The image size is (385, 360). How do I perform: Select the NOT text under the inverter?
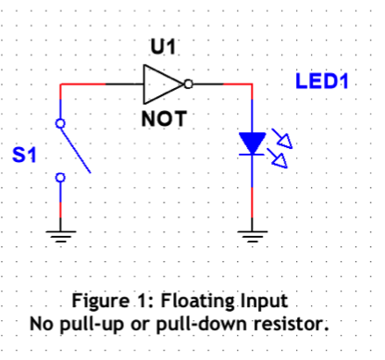click(164, 119)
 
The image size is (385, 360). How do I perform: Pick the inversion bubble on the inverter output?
click(189, 83)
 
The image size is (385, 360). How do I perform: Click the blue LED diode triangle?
click(252, 143)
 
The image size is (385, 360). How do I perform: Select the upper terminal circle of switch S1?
click(60, 122)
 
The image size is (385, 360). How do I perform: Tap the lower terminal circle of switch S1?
click(60, 177)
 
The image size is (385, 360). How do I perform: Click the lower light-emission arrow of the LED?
click(277, 158)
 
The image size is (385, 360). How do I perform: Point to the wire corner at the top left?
click(60, 83)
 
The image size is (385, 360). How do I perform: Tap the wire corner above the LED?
click(253, 83)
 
